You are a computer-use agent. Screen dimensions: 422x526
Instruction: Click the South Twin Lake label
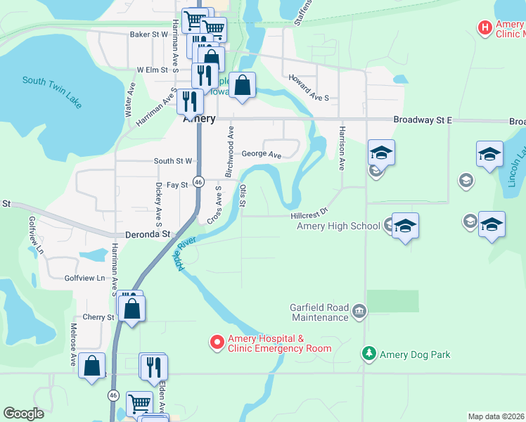click(x=52, y=91)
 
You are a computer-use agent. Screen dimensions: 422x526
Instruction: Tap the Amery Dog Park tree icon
click(x=367, y=354)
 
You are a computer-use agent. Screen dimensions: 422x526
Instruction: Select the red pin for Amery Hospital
click(x=217, y=343)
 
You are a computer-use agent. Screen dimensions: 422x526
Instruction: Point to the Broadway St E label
click(x=422, y=120)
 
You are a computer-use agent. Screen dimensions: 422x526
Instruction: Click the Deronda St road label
click(x=148, y=234)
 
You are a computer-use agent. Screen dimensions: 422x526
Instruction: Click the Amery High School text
click(x=338, y=226)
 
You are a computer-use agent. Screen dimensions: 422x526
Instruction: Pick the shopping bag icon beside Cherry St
click(x=131, y=308)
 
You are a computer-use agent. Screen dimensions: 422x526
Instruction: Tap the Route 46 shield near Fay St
click(x=199, y=181)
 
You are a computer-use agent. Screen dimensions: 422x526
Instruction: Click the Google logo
click(x=23, y=414)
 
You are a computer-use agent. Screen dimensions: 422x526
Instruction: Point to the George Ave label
click(x=261, y=154)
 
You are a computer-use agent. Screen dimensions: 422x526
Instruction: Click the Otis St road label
click(x=243, y=196)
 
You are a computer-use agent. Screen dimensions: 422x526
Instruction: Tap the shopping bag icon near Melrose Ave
click(x=91, y=366)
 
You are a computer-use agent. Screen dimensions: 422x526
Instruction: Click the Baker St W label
click(x=149, y=34)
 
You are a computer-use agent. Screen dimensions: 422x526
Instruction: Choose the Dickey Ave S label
click(x=158, y=203)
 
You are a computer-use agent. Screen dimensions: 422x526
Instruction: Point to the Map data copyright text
click(x=496, y=416)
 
